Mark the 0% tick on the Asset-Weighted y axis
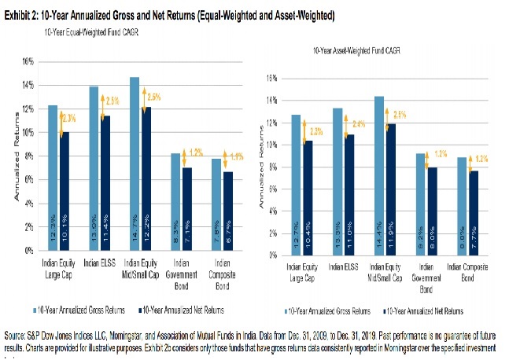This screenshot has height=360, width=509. click(272, 255)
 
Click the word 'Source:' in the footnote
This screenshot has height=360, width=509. click(17, 335)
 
